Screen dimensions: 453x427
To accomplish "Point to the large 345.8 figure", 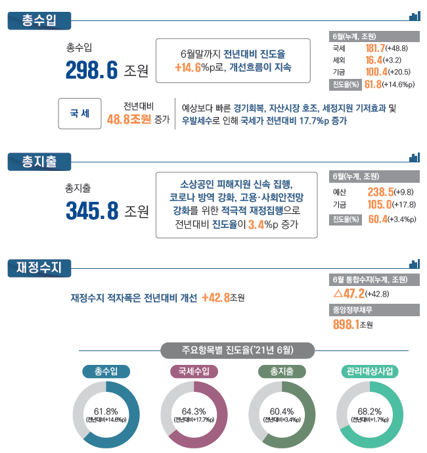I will pos(92,210).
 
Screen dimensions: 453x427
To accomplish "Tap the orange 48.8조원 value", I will pos(129,119).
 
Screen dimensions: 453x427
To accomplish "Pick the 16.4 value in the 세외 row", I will pos(374,60).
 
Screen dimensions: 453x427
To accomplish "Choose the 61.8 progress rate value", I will pos(373,84).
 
